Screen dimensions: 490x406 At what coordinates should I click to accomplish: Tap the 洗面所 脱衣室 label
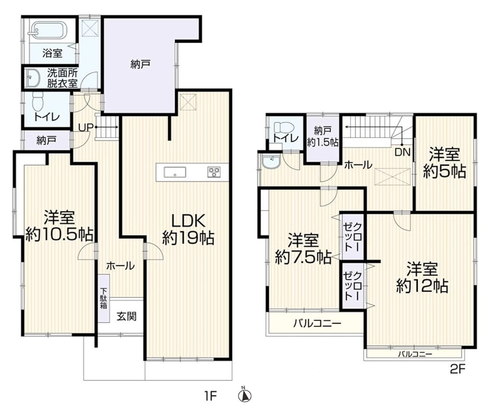point(63,78)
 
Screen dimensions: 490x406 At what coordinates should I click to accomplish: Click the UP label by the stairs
point(86,127)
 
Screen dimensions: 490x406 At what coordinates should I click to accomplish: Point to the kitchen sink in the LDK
point(175,172)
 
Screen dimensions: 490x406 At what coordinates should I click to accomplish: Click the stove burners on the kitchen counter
point(214,172)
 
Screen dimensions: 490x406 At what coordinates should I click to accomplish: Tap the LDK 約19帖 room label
point(189,230)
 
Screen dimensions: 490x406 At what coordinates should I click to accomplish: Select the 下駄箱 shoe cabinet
point(103,298)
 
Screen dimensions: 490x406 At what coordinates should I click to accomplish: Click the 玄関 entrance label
point(126,316)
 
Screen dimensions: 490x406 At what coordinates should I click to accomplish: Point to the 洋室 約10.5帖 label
point(59,226)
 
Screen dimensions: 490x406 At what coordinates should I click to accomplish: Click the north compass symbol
point(245,395)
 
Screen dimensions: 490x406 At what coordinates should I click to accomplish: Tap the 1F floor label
point(211,396)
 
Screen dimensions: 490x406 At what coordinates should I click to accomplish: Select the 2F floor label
point(458,370)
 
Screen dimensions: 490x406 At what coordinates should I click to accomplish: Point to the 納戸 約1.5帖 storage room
point(323,139)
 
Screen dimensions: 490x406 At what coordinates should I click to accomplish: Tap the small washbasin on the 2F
point(271,162)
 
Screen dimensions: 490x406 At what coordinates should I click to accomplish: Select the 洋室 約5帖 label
point(445,163)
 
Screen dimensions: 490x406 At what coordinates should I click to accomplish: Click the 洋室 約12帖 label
point(422,277)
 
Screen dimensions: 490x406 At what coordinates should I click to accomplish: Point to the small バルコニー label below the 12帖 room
point(415,354)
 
